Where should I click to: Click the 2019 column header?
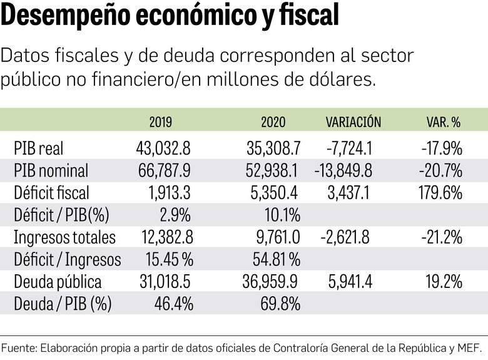[161, 122]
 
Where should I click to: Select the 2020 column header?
[273, 122]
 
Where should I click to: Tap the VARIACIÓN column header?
[353, 122]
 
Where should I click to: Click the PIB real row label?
[38, 148]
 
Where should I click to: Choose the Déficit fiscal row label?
[51, 193]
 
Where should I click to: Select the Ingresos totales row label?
[64, 237]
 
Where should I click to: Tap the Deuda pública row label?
[58, 282]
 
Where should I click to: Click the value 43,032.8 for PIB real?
[163, 148]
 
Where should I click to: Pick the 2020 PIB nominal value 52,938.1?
[271, 170]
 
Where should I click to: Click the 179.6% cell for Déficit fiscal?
[442, 193]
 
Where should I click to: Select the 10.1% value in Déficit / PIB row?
[282, 215]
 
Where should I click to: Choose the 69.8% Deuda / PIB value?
[280, 304]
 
